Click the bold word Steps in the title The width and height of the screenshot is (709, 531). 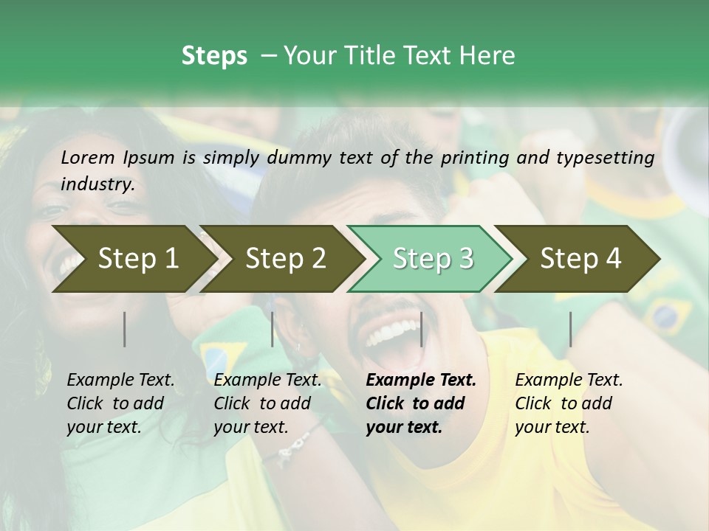(x=214, y=55)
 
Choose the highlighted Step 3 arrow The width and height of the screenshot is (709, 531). (x=433, y=258)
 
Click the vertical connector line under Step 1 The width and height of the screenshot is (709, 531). (x=125, y=329)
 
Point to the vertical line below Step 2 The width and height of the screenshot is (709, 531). (x=273, y=329)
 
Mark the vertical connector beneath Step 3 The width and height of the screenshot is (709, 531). (x=421, y=329)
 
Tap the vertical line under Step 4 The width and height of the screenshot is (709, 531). (x=570, y=329)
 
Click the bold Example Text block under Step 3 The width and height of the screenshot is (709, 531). (x=421, y=403)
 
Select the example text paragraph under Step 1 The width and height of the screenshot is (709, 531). (x=120, y=403)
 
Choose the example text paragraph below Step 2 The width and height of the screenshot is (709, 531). (x=267, y=403)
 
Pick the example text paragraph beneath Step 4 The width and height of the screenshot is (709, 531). (x=569, y=403)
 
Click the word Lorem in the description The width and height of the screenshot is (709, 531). (x=88, y=158)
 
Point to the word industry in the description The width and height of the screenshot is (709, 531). (x=97, y=184)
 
